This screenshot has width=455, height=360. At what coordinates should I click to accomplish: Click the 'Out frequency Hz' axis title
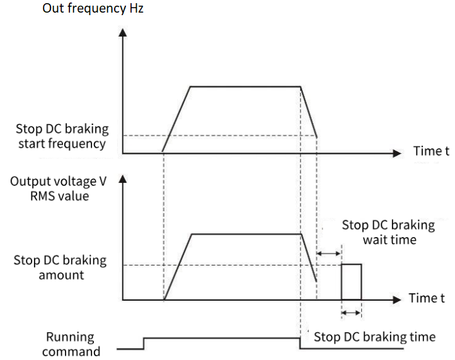pos(93,9)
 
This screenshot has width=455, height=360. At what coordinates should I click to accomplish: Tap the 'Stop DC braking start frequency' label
pos(62,136)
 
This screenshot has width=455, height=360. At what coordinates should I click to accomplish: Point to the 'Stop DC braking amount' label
pos(60,268)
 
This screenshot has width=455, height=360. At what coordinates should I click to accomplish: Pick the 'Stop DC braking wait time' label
pos(388,231)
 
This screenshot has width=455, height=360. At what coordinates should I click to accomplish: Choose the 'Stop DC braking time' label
pos(374,337)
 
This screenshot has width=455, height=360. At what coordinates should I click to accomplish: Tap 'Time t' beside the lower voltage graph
pos(427,298)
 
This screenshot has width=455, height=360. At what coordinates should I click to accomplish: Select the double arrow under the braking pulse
pos(352,313)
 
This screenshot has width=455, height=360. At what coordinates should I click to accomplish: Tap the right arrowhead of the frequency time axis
pos(396,153)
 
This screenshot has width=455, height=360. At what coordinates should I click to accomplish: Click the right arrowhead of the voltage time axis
pos(396,299)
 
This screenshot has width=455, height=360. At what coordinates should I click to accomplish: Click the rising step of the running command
pos(144,342)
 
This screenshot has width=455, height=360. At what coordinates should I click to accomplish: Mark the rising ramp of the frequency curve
pos(176,119)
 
